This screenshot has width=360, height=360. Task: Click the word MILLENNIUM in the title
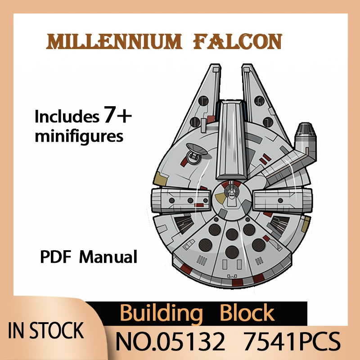[115, 42]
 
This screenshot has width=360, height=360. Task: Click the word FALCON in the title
[237, 42]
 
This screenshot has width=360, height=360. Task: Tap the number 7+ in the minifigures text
[118, 117]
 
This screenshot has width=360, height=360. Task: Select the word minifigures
[79, 135]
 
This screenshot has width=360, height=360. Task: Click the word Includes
[67, 117]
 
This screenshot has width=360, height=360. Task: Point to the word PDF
[56, 258]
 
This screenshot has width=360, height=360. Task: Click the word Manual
[108, 258]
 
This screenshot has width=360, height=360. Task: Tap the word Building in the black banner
[162, 313]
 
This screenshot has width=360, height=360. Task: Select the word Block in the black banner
[247, 313]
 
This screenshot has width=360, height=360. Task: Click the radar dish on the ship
[195, 151]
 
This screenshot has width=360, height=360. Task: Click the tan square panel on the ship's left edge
[158, 180]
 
